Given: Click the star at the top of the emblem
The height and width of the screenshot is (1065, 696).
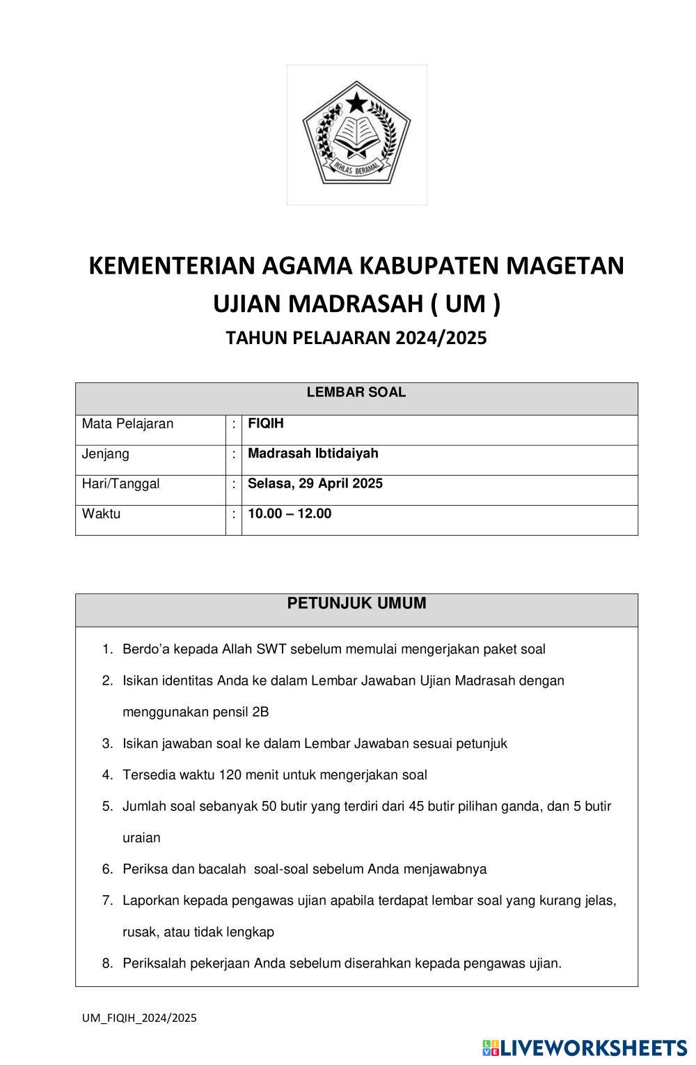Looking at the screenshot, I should pyautogui.click(x=357, y=104).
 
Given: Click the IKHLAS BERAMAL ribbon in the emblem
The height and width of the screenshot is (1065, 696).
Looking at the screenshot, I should pyautogui.click(x=356, y=167).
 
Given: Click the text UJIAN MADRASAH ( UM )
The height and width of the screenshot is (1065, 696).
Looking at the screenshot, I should pyautogui.click(x=356, y=304).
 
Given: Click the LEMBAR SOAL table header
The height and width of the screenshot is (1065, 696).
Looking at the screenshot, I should pyautogui.click(x=356, y=393).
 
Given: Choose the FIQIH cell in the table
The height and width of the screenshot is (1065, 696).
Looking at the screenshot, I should pyautogui.click(x=266, y=423).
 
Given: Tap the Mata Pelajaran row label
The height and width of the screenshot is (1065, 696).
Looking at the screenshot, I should pyautogui.click(x=128, y=423).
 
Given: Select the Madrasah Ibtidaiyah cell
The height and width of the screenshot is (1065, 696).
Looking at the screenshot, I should pyautogui.click(x=313, y=453).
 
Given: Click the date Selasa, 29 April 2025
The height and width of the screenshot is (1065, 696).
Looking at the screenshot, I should pyautogui.click(x=315, y=483).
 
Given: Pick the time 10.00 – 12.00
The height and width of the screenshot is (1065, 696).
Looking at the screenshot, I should pyautogui.click(x=290, y=514).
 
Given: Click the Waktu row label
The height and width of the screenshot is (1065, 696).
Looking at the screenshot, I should pyautogui.click(x=102, y=514).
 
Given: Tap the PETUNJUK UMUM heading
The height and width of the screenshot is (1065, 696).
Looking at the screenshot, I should pyautogui.click(x=356, y=604).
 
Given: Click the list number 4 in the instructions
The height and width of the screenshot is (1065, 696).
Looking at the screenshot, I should pyautogui.click(x=107, y=775).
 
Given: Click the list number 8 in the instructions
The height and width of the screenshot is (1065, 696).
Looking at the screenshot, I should pyautogui.click(x=107, y=963).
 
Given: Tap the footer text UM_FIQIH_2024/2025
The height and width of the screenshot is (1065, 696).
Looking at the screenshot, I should pyautogui.click(x=139, y=1018).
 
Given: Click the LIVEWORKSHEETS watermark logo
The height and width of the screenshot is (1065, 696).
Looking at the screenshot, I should pyautogui.click(x=585, y=1048).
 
